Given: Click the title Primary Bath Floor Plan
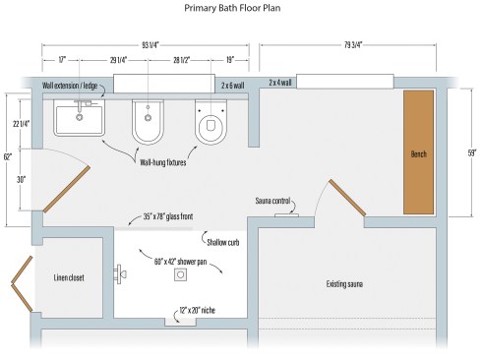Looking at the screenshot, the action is tap(232, 8).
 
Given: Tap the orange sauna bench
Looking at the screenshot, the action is tap(418, 152).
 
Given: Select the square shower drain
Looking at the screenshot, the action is tap(180, 274).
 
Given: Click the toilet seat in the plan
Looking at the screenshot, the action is tap(211, 122).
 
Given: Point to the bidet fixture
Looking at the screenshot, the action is tap(148, 122).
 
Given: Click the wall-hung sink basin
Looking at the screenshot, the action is tap(79, 118).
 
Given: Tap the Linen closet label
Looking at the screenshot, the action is tap(69, 277).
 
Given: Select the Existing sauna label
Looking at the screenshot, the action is tap(344, 283).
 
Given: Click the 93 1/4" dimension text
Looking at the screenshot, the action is tap(151, 45).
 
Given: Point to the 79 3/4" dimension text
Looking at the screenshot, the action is tap(353, 45).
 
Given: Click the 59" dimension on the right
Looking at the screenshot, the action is tap(472, 153).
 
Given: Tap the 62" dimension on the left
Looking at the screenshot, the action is tap(8, 156).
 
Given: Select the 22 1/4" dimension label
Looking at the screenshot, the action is tap(21, 124).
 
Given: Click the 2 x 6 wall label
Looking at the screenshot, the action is tap(232, 86).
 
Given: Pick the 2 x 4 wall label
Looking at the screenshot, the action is tap(280, 83).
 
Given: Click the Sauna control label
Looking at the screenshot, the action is tap(272, 201).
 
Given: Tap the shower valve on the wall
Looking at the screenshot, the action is tap(120, 274).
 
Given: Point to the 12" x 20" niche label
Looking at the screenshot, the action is tap(197, 310).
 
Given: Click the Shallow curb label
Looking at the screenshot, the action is tap(223, 243).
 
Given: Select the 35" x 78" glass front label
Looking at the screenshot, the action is tap(168, 216).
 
